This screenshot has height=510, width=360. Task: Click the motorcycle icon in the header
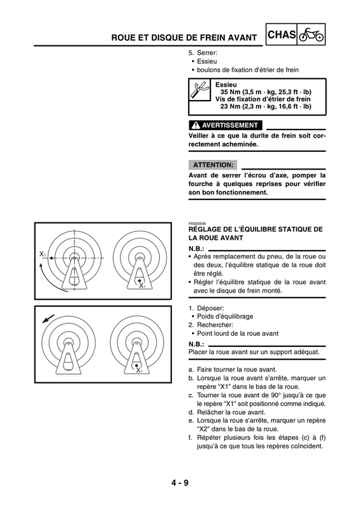coord(311,34)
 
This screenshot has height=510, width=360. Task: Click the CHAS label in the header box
coord(282,34)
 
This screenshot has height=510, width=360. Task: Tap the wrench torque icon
coord(199,89)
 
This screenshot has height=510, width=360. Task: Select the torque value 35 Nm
coord(230,92)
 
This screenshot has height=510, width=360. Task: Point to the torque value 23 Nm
coord(230,106)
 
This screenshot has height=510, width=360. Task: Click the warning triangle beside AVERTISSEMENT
coord(196,125)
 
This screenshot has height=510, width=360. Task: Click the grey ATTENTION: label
coord(213,165)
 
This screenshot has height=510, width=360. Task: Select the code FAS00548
coord(197,224)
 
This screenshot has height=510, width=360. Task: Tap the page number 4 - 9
coord(180,483)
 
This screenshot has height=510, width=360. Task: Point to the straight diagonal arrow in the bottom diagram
coord(48,319)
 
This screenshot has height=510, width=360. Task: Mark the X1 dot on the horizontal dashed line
coord(52,258)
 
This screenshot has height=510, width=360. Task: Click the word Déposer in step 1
coord(210,308)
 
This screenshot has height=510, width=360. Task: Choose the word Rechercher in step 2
coord(215,325)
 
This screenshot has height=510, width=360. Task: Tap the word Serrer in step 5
coord(207,53)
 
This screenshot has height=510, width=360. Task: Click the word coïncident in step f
coord(306,446)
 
